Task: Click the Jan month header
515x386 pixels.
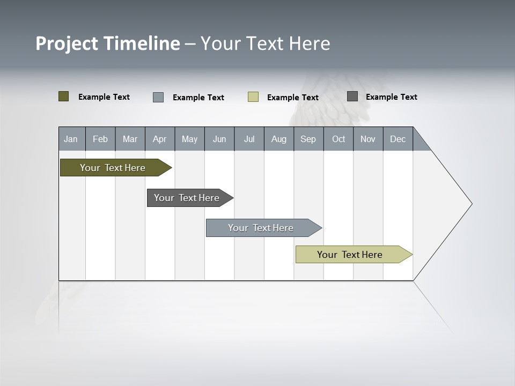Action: point(71,139)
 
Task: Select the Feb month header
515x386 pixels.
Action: point(100,139)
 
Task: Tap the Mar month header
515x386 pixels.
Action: point(130,139)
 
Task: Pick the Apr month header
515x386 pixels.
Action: point(160,139)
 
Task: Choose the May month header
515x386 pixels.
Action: point(189,139)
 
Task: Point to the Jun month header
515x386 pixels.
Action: point(219,139)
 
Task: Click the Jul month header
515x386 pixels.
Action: point(249,139)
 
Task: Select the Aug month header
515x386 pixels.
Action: point(279,139)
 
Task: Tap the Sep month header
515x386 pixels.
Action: point(308,139)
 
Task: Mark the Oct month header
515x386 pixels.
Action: point(339,139)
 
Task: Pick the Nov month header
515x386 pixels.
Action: point(368,139)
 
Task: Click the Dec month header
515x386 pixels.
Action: point(398,139)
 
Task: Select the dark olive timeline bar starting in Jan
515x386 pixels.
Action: point(113,168)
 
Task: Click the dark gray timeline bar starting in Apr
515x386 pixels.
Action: point(187,198)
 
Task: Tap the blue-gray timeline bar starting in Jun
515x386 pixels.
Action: point(261,228)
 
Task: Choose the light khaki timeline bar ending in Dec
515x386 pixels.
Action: point(350,255)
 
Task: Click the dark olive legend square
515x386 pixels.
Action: point(64,96)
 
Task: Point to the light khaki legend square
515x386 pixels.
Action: point(253,97)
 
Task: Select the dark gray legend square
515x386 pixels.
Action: point(352,96)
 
